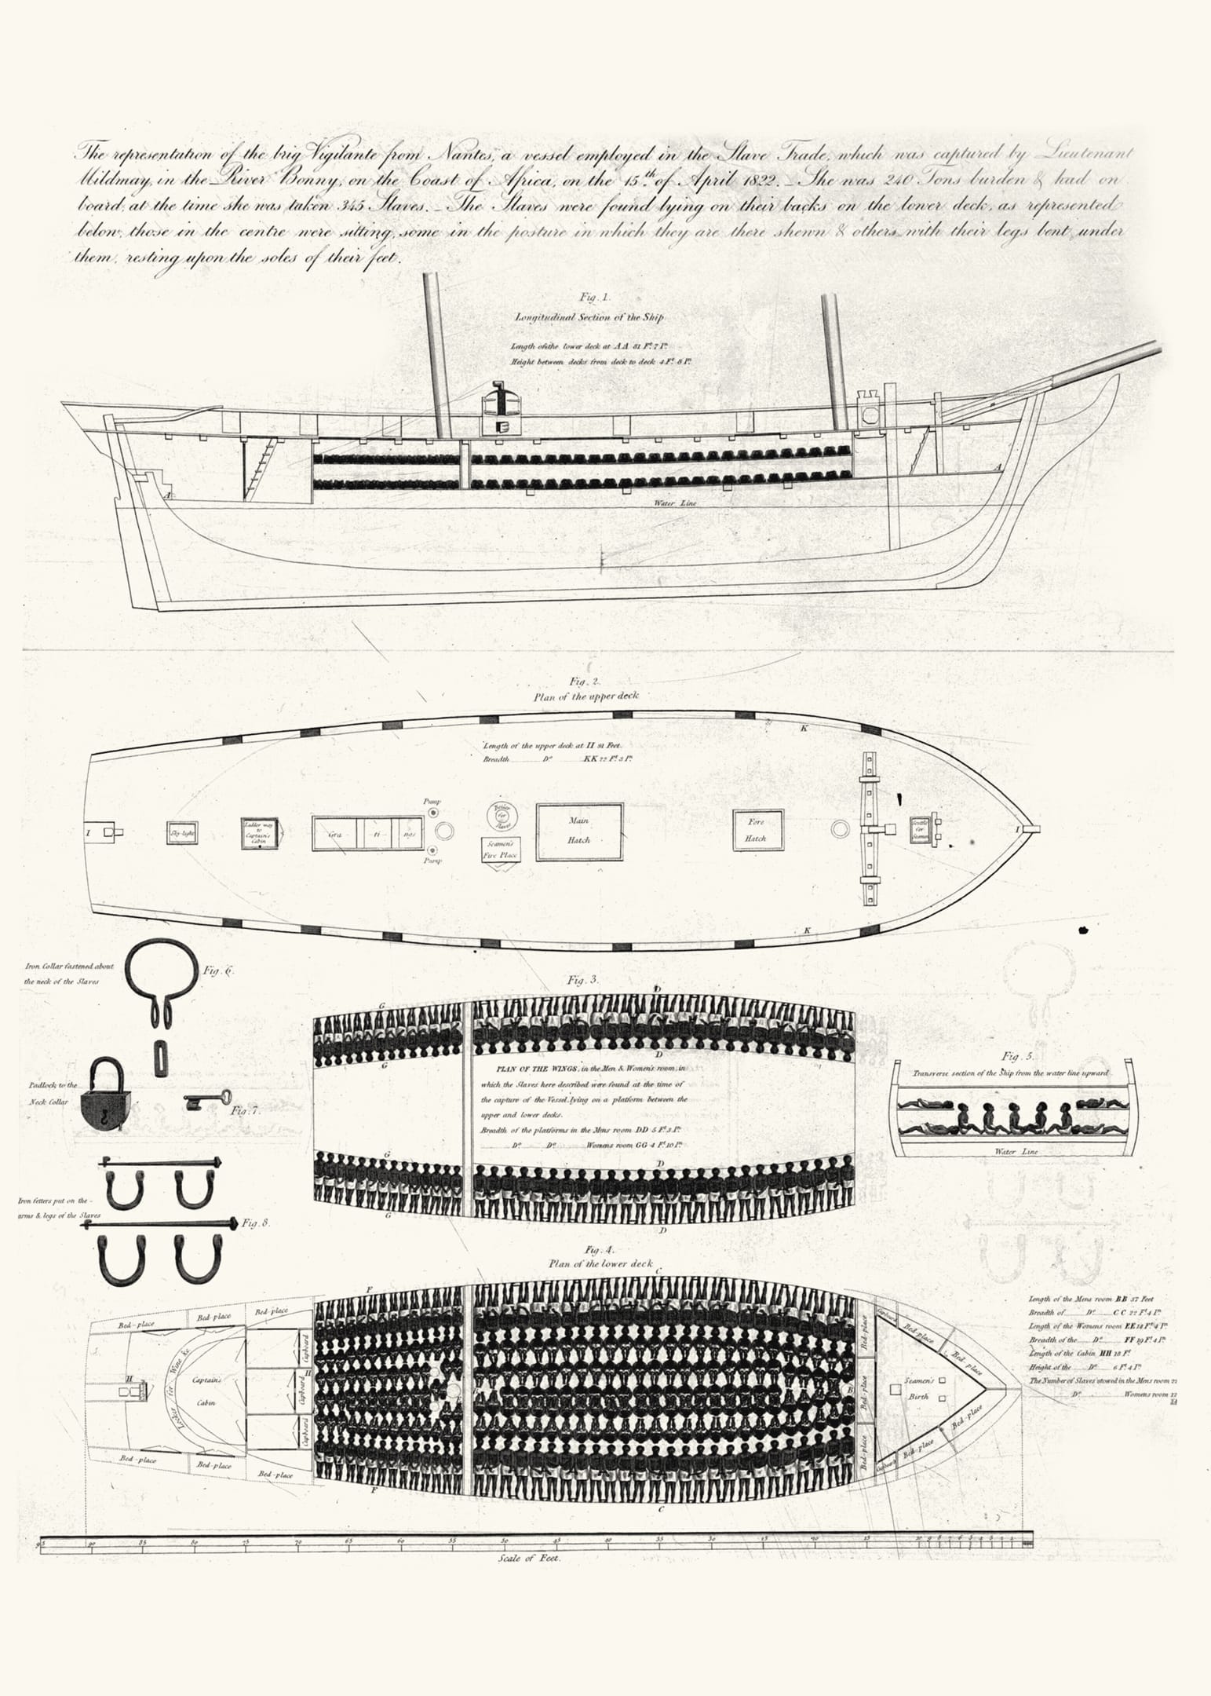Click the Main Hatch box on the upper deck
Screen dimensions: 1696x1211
pos(579,831)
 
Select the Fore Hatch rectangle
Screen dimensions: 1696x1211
pos(755,830)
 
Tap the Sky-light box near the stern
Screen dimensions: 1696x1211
pos(182,832)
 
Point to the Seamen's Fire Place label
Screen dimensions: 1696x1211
pos(500,849)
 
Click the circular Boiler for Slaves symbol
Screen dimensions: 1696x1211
pos(500,816)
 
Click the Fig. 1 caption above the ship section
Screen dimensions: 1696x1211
pos(595,298)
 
